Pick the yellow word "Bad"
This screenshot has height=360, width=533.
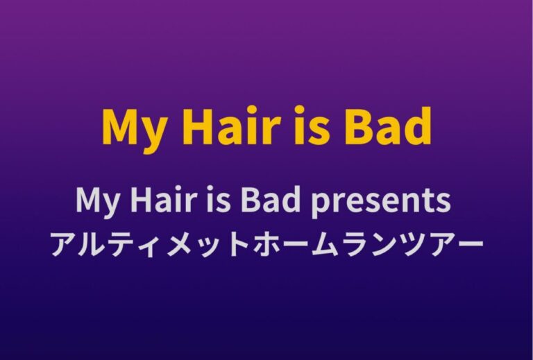387,126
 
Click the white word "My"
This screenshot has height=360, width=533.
98,202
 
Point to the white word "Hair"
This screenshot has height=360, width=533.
164,199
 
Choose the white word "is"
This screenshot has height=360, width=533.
216,199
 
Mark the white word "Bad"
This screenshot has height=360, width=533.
270,199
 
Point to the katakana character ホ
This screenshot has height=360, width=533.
267,244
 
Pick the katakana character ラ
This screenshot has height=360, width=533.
354,244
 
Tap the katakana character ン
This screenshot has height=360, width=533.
382,245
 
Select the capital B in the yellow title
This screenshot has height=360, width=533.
358,126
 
